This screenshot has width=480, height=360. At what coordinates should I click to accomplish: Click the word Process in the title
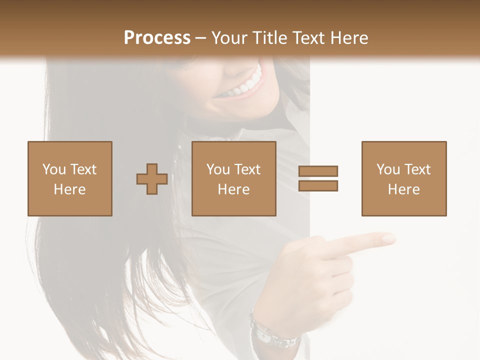(157, 37)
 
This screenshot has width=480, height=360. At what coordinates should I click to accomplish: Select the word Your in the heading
(231, 37)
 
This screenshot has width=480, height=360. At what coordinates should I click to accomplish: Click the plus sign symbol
(152, 179)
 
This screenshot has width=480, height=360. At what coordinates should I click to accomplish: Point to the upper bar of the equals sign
(318, 171)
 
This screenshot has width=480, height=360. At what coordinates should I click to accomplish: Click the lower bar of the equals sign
(318, 186)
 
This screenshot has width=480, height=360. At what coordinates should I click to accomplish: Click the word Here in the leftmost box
(70, 189)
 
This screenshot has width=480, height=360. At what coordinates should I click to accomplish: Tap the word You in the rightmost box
(388, 169)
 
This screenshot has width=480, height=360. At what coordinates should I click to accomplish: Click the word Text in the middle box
(247, 169)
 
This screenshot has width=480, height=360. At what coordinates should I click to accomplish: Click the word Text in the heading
(309, 37)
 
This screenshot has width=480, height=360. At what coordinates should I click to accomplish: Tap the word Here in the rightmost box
(404, 189)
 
